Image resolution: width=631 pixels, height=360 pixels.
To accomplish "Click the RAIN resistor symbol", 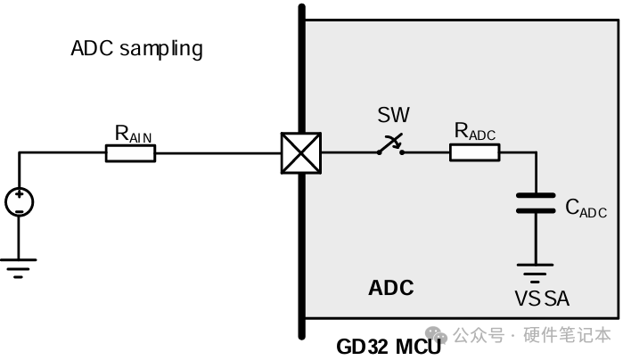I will point(130,153).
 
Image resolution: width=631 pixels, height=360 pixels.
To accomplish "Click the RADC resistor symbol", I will point(474,152).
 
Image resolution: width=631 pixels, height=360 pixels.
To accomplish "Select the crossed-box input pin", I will point(300,153).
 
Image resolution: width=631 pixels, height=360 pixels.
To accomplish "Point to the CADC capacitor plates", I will point(536,202).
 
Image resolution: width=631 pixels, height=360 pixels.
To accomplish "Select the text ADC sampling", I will point(136,48).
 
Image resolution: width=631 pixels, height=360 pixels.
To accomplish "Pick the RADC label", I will point(474,131).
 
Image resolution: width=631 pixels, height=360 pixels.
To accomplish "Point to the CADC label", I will point(586,209).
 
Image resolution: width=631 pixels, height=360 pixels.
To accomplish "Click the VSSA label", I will point(542,299).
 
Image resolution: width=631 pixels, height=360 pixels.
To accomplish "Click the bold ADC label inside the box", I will point(391,288).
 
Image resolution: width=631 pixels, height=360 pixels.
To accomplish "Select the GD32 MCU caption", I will point(389,347).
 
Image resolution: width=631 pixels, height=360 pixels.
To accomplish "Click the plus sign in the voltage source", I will point(19,195).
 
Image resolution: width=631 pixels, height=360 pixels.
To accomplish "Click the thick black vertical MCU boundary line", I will point(302,250).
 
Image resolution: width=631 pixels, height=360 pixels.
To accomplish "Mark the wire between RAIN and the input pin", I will point(218,153).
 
